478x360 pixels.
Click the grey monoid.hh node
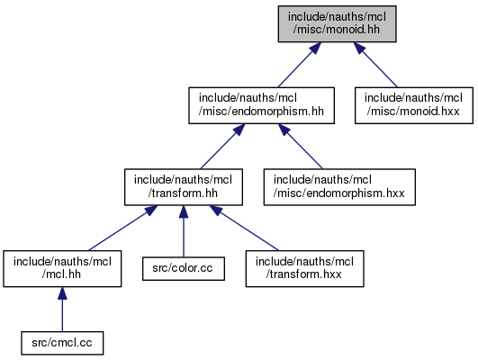(337, 23)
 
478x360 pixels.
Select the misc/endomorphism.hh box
(261, 105)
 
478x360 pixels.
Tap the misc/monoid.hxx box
(414, 105)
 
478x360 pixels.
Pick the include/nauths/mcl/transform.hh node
(184, 187)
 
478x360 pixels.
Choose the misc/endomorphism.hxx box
(339, 187)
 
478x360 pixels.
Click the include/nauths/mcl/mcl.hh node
(62, 268)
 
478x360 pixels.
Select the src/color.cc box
(184, 268)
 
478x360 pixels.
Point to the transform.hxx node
(304, 268)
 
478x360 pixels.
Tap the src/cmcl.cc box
(62, 343)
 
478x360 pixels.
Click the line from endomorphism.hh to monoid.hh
(300, 65)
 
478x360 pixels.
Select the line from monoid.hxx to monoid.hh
(375, 65)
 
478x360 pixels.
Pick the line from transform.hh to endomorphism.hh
(222, 147)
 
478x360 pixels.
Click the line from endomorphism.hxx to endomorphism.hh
(301, 147)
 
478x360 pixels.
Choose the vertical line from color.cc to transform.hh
(184, 231)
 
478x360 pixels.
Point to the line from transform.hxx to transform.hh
(244, 228)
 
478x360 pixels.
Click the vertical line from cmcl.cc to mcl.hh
(62, 310)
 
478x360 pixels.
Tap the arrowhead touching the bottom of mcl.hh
(62, 292)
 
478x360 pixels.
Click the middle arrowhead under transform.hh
(184, 211)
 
